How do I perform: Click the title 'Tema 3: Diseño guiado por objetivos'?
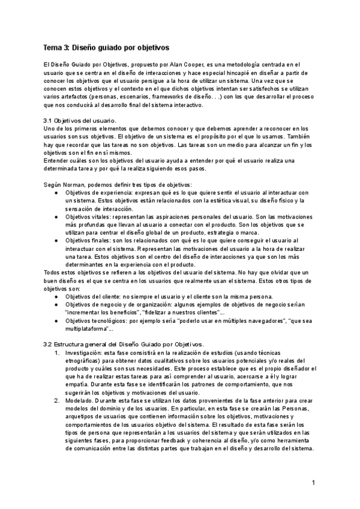[x=107, y=47]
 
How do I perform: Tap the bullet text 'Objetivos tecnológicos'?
[x=100, y=321]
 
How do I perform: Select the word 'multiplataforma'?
[x=86, y=329]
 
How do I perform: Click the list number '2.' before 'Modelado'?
[x=56, y=400]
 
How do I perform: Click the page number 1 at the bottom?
[x=313, y=483]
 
